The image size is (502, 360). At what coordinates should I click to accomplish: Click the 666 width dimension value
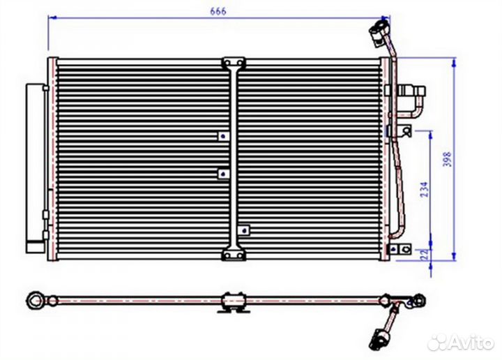coord(218,11)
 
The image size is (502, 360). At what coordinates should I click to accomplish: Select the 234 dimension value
coord(424,190)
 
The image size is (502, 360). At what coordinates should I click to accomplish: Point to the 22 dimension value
coord(425,255)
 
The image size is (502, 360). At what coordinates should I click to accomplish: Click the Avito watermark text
coord(471,343)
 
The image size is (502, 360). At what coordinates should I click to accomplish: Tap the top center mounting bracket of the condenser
coord(234,63)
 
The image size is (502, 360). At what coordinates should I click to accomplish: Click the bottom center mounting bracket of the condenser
coord(234,255)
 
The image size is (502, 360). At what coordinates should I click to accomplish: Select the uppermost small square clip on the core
coord(224,137)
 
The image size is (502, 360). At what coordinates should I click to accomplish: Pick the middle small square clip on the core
coord(224,174)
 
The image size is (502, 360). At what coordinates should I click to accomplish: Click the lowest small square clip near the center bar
coord(244,230)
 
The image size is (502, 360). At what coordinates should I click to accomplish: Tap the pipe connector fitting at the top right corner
coord(379,31)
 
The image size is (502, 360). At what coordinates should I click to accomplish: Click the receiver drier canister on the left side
coord(36,168)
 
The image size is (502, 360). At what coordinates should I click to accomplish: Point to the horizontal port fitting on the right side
coord(411,91)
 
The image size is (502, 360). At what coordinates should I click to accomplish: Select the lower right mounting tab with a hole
coord(400,249)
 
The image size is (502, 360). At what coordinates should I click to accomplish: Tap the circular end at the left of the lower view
coord(35,301)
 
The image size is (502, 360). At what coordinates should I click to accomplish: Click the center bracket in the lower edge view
coord(234,301)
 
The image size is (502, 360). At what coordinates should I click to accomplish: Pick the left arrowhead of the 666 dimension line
coord(52,17)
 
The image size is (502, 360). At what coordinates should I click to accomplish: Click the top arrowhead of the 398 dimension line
coord(454,63)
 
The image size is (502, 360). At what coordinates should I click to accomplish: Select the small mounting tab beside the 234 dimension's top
coord(404,130)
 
